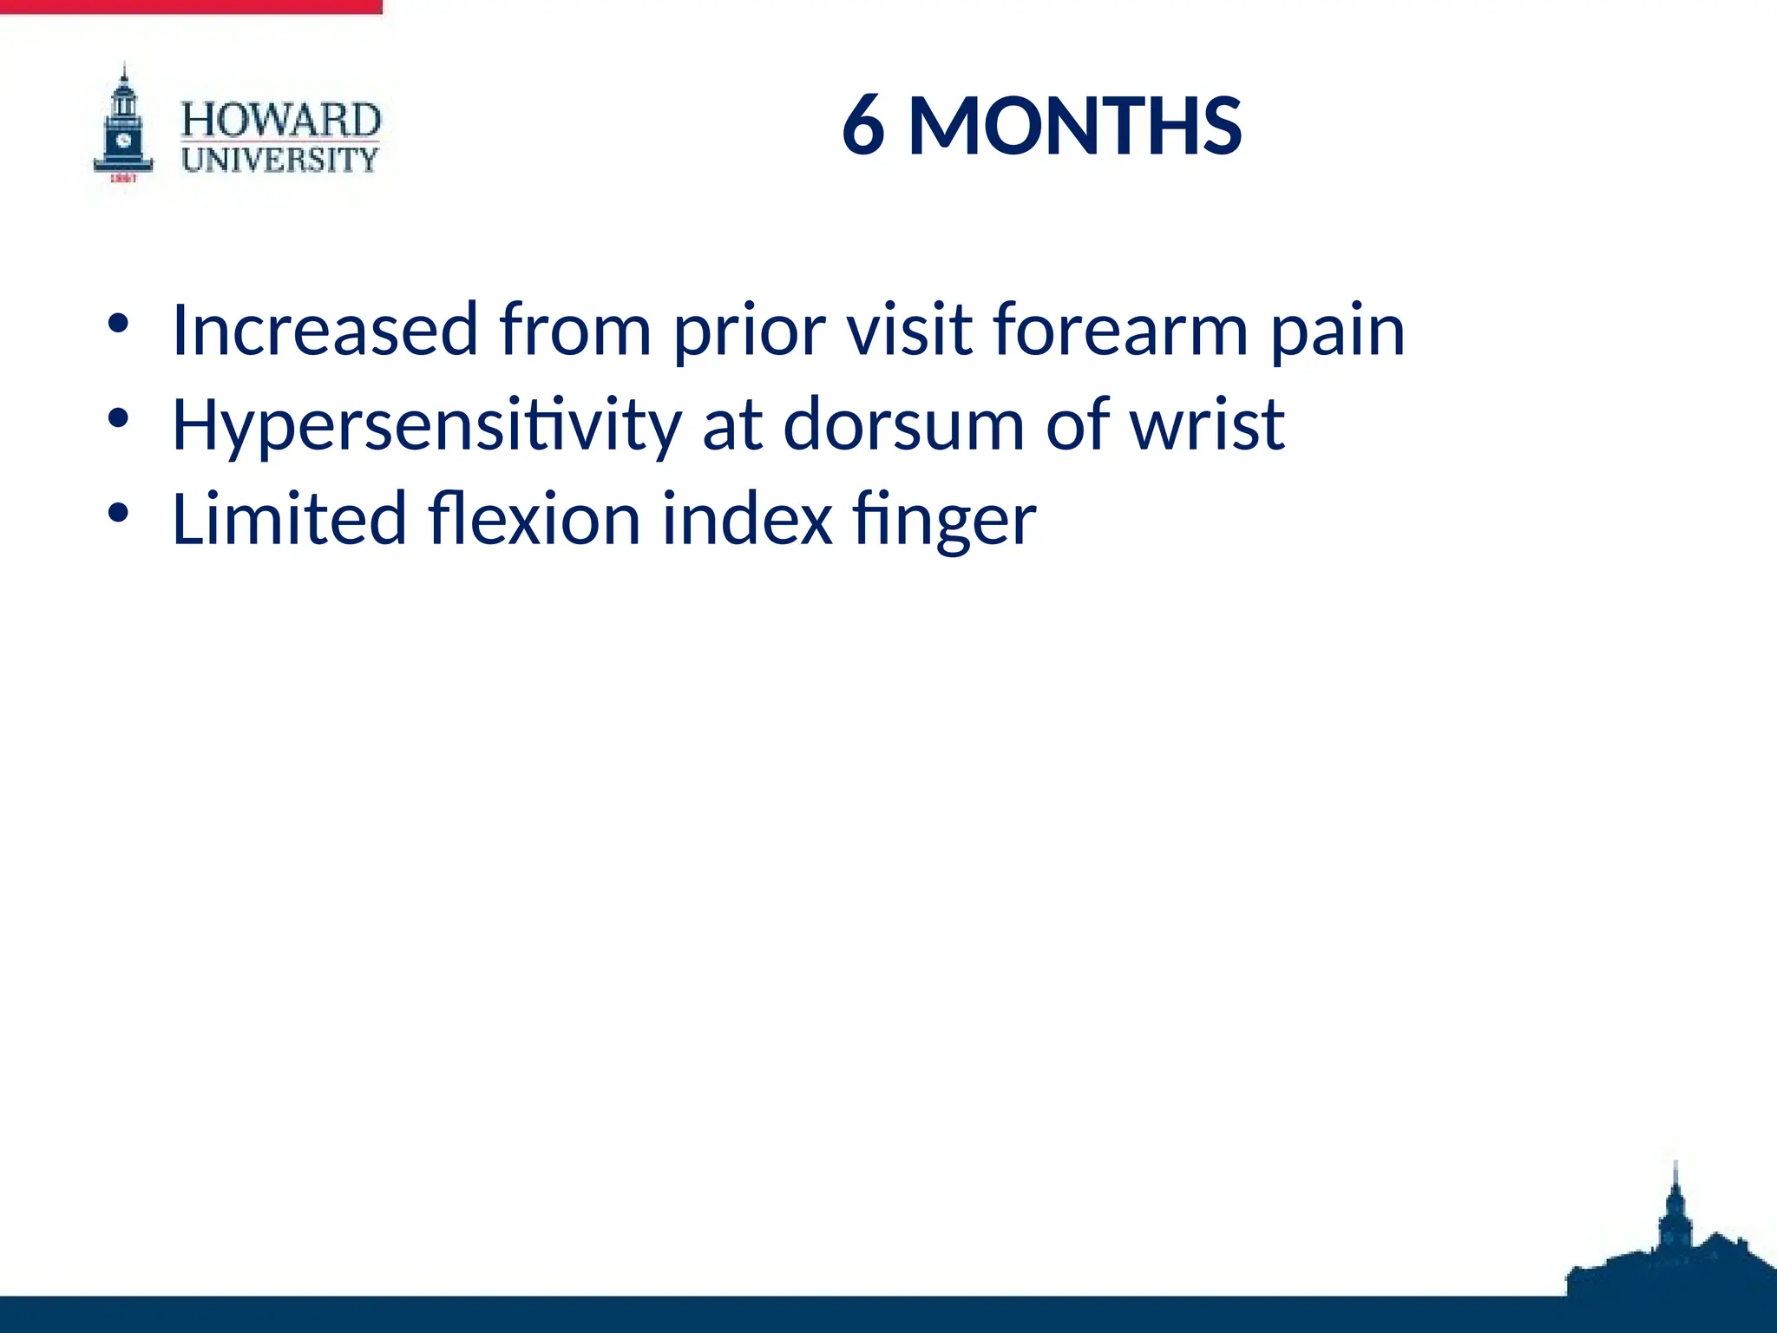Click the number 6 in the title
pos(863,127)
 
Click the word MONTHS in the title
pos(1074,127)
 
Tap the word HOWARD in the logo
pos(280,120)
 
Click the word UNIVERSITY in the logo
pos(280,160)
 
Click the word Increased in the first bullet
pos(325,330)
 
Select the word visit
pos(909,330)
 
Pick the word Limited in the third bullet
pos(290,519)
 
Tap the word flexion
pos(534,519)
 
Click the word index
pos(747,519)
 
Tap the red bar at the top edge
pos(191,6)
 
